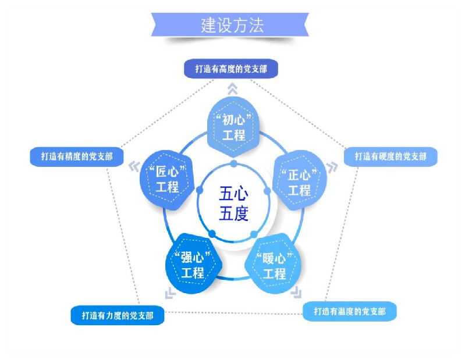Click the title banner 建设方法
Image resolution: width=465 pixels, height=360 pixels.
tap(232, 25)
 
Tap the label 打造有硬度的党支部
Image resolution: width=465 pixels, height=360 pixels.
tap(390, 156)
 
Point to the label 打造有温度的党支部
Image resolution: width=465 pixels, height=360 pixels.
tap(349, 311)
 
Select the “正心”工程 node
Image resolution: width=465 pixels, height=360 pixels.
tap(299, 181)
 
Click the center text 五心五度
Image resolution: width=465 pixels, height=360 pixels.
tap(233, 203)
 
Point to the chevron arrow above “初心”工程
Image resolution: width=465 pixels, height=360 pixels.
tap(232, 88)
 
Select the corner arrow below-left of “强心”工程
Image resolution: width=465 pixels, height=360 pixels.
tap(169, 292)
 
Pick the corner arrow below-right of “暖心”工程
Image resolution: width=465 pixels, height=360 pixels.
tap(297, 291)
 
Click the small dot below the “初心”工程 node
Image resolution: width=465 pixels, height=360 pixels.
tap(233, 163)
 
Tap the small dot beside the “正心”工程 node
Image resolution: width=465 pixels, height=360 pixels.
tap(267, 190)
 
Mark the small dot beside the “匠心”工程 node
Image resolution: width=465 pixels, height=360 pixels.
tap(199, 190)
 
